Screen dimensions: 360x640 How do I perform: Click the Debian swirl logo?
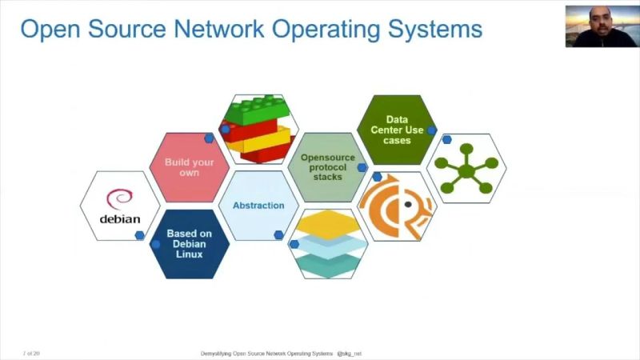(119, 198)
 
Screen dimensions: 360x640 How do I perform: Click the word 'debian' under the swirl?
(120, 218)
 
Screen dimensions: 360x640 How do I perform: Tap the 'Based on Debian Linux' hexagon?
(190, 244)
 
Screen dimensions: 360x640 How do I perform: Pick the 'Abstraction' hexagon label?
(258, 206)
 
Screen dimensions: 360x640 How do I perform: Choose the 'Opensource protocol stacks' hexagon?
(326, 166)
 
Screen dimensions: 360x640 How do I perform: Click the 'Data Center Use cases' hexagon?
(396, 130)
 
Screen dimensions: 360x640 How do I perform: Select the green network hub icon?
(466, 168)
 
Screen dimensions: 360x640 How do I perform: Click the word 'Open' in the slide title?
(47, 30)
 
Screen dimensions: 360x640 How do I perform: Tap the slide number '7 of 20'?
(31, 353)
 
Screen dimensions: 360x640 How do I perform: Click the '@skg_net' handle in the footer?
(350, 353)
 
